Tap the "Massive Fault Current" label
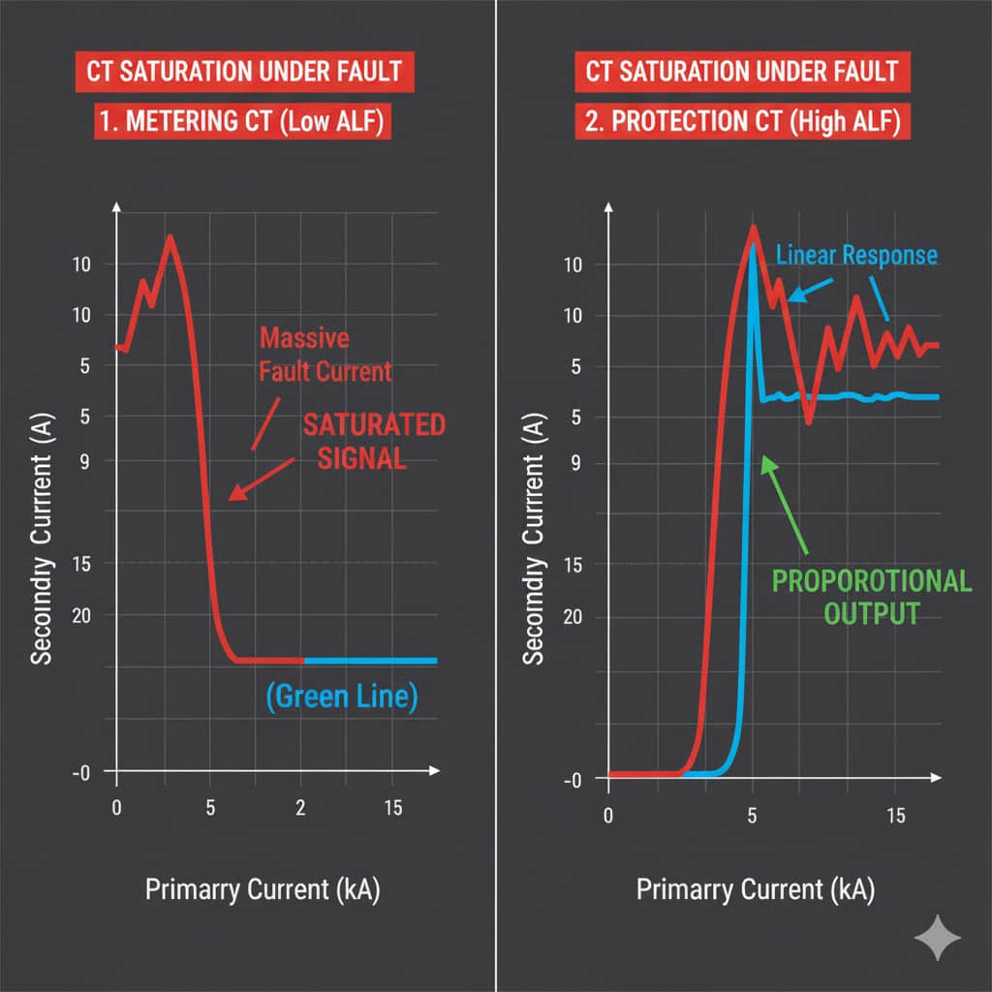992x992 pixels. [325, 355]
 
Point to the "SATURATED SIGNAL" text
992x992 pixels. [374, 441]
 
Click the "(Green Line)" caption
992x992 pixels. [342, 697]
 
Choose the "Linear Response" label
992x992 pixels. [857, 255]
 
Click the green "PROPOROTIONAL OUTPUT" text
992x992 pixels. [870, 597]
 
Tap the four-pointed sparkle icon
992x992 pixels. [938, 938]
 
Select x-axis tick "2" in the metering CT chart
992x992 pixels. [300, 808]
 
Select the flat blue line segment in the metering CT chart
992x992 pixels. [370, 661]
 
